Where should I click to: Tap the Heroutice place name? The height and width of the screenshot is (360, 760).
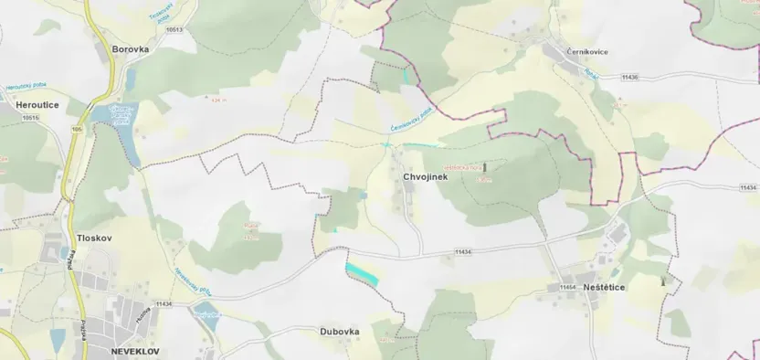37,105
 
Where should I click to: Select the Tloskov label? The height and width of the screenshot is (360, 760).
94,238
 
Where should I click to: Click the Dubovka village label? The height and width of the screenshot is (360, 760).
339,332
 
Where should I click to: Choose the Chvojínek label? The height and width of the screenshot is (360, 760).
425,176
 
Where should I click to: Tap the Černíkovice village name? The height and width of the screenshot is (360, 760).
585,52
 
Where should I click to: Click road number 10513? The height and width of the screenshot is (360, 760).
174,29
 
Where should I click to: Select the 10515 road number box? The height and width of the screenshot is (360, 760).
31,118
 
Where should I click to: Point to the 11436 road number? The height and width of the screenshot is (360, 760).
629,78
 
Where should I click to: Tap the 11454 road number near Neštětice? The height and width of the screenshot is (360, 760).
567,288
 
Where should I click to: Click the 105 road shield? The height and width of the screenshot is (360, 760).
76,129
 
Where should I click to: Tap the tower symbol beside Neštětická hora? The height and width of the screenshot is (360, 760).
485,167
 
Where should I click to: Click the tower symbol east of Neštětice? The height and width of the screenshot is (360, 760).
663,281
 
